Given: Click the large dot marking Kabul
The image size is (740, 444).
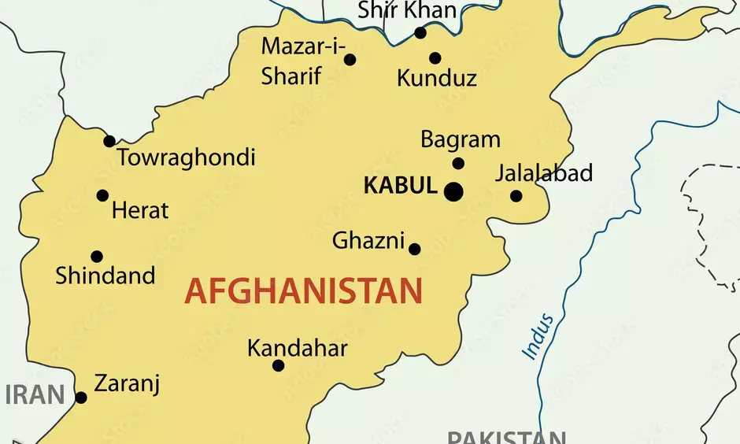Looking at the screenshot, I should pos(453,191).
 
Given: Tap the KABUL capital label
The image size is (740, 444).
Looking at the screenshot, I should pos(400,187).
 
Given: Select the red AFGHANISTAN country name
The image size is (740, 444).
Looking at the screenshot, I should pos(303,291).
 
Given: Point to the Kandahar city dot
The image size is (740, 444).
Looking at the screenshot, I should pos(278,365).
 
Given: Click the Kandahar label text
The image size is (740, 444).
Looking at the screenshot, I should pos(297,348).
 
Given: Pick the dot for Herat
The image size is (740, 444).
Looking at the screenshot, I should pos(102,195).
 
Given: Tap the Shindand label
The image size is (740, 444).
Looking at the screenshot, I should pos(105,276).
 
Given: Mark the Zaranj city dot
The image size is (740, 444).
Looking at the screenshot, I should pos(81,398).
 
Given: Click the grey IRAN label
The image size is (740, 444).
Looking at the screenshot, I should pos(35,394).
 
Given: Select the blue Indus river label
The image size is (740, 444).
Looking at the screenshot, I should pos(539,337).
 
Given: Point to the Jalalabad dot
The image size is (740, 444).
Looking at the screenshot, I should pos(516,196).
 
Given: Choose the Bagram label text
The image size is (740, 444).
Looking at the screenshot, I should pos(461,140).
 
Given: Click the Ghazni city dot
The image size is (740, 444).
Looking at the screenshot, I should pos(415,250).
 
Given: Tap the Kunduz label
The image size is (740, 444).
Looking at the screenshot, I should pos(437,78).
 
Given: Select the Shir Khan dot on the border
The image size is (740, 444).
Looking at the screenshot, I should pos(420,33).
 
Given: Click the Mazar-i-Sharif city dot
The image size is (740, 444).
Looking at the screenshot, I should pos(350,60).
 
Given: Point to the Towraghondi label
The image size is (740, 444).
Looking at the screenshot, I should pos(187,157).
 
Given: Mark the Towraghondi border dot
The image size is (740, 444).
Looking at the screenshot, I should pos(109,142).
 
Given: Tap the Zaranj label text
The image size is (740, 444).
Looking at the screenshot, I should pos(127,384).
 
